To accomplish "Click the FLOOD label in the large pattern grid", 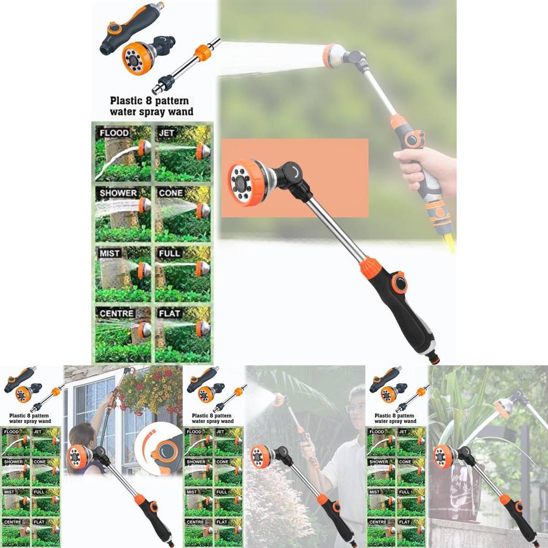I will (x=114, y=133).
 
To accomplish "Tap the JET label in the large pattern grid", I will (x=166, y=132).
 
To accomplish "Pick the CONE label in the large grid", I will (x=170, y=193).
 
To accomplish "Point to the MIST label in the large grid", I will (x=110, y=253).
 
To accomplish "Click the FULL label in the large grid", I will (x=169, y=253).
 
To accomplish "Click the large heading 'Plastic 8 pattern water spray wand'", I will (x=149, y=106).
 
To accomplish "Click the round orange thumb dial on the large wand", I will (x=398, y=282).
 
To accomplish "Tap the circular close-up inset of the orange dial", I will (x=158, y=448).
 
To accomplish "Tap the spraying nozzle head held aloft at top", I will (x=334, y=56).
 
